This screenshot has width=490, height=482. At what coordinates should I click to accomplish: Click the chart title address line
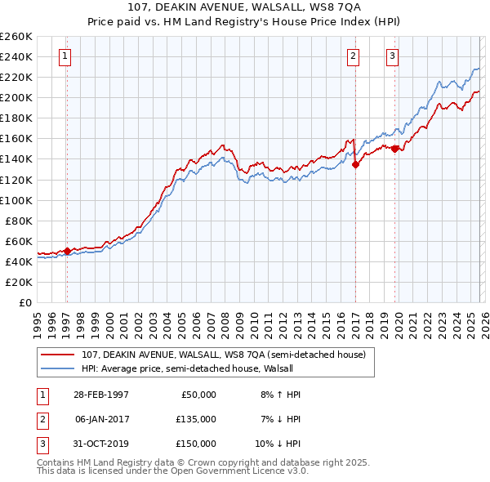(x=244, y=7)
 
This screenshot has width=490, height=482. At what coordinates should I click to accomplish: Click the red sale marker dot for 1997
(x=67, y=251)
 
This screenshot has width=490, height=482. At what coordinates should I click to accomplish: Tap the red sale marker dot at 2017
(x=355, y=163)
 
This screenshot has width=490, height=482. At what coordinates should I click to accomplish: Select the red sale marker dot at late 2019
(x=395, y=149)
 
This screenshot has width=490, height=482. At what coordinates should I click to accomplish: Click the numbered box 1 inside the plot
(x=65, y=56)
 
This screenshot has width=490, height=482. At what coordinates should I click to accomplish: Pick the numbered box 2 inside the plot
(x=353, y=56)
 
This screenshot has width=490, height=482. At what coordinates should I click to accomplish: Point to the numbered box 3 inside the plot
(x=392, y=56)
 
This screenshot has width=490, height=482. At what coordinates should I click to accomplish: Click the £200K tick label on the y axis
(x=16, y=97)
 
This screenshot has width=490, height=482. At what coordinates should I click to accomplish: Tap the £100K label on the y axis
(x=16, y=200)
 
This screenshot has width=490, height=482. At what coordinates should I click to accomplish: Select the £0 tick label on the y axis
(x=24, y=302)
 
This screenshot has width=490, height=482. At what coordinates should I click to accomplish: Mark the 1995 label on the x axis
(x=38, y=323)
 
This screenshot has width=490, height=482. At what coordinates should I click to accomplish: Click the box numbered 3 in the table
(x=42, y=444)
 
